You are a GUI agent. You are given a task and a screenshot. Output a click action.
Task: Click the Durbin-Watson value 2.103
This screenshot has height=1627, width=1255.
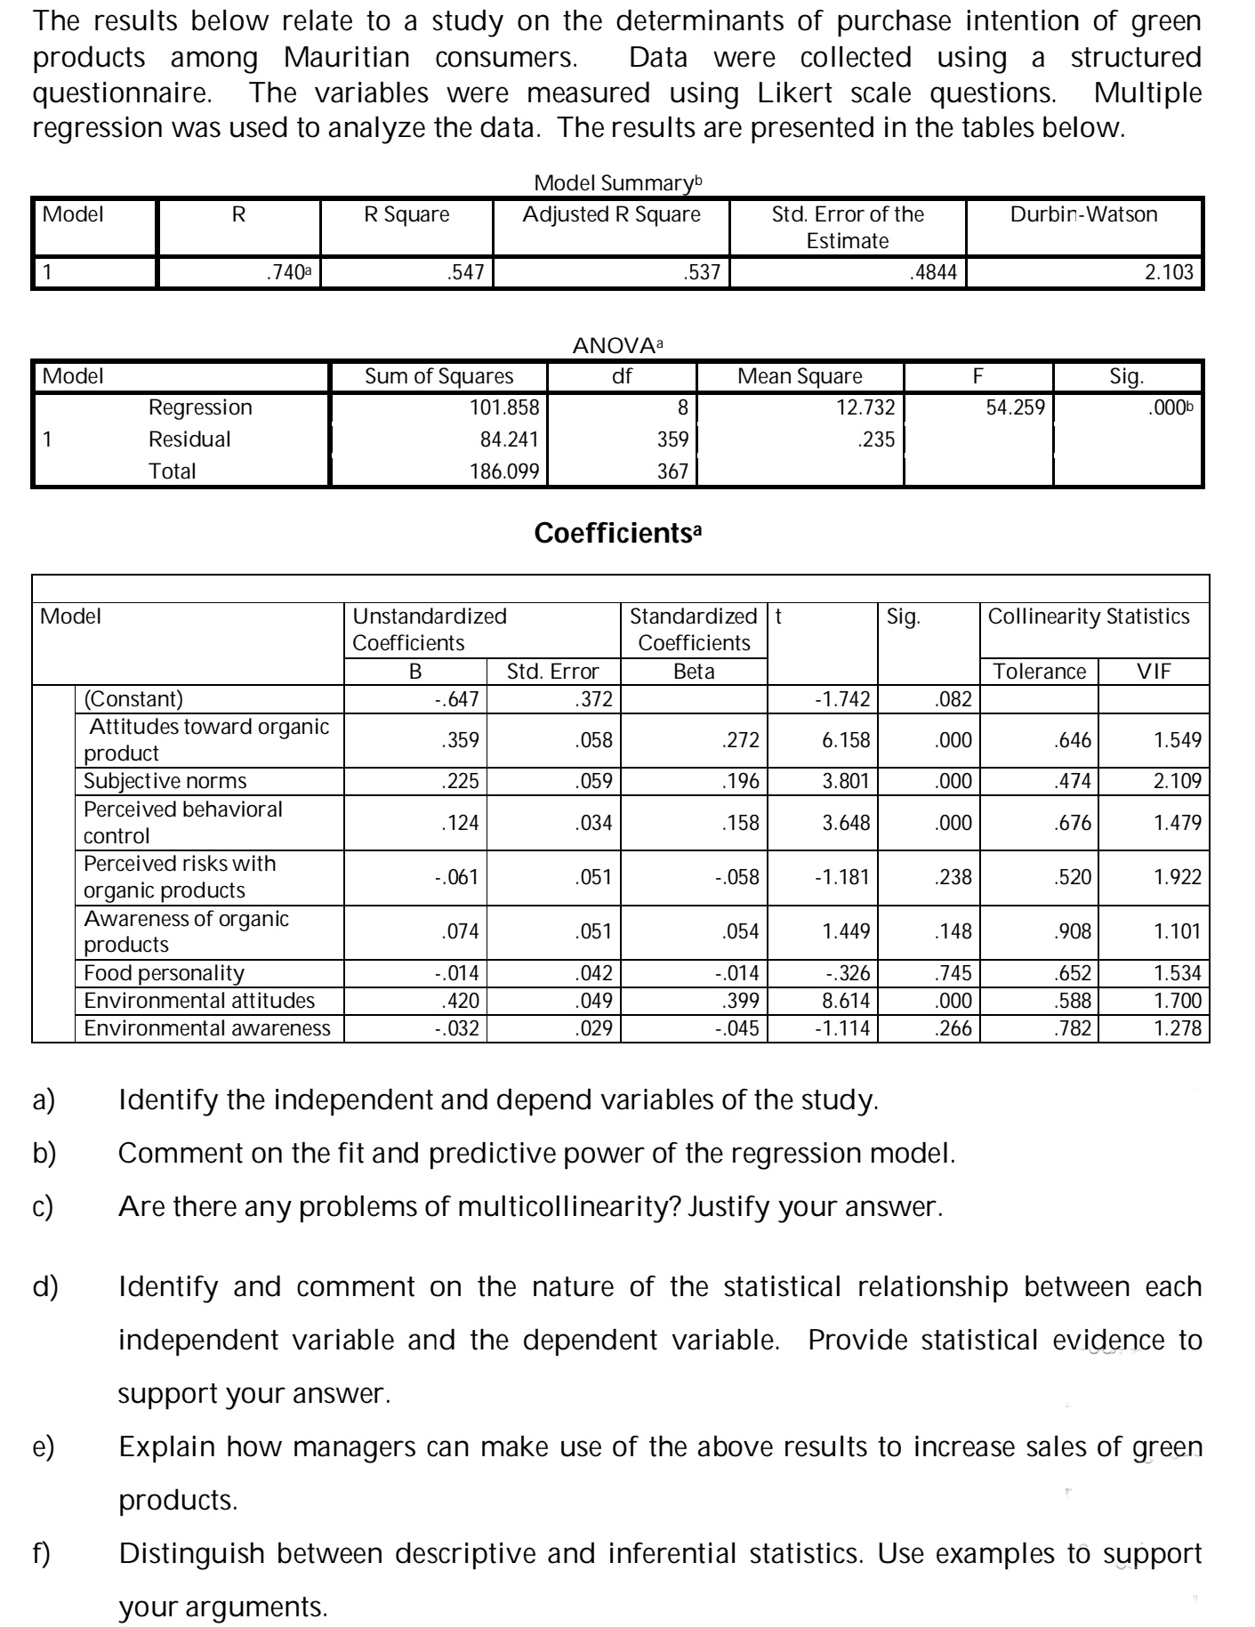[x=1169, y=272]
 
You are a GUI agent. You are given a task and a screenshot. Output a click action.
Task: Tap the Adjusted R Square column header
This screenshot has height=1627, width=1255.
[x=611, y=214]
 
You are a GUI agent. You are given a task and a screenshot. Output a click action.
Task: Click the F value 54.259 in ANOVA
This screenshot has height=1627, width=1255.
[x=1016, y=407]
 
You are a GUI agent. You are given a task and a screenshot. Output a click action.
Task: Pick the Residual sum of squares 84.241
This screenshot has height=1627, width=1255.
[x=504, y=439]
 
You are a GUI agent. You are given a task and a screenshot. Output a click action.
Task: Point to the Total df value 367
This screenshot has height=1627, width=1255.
[x=672, y=471]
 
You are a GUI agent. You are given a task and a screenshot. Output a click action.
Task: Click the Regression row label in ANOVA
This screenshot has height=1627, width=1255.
[x=200, y=407]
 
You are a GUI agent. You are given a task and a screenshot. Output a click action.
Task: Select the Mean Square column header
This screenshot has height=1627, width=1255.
[x=800, y=376]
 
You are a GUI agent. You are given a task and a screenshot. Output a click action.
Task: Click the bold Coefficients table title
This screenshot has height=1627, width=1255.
[x=618, y=534]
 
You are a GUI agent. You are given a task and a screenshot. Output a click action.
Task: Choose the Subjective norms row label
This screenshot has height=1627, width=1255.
[x=165, y=781]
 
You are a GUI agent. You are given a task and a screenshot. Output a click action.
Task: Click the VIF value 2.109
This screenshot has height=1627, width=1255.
[x=1177, y=781]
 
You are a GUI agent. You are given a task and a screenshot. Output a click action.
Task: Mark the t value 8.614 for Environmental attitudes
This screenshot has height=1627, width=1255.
[x=845, y=1001]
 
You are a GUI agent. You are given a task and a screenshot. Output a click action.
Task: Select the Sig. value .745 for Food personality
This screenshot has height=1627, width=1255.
[x=954, y=973]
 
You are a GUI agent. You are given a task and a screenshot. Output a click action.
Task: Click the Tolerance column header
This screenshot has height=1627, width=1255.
[x=1039, y=672]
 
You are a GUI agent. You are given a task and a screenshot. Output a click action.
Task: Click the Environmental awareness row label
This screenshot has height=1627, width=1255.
[x=206, y=1028]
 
